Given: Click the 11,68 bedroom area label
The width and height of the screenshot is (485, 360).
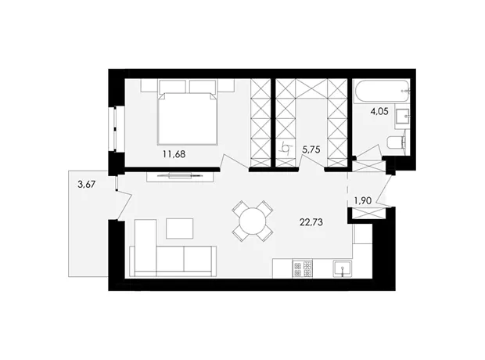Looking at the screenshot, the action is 174,154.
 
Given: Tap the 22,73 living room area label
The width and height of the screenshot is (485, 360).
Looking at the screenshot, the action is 311,222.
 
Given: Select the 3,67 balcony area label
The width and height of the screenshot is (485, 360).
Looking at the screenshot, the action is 87,185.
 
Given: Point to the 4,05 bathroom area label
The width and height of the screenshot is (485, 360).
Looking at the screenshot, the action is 379,111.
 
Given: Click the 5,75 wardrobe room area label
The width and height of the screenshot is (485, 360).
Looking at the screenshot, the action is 311,149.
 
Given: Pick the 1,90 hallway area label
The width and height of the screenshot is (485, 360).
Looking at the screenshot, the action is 362,201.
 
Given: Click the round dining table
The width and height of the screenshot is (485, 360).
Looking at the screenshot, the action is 253,221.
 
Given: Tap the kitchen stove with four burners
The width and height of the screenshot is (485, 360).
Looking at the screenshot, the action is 303,269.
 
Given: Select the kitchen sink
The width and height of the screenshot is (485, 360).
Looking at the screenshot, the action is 342,268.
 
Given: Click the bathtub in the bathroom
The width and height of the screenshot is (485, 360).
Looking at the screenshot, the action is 383,92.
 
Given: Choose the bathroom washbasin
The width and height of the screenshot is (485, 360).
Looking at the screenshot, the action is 402,117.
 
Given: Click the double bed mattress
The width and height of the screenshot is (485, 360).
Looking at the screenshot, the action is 187,118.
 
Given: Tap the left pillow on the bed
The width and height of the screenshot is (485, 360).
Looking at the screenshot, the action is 173,86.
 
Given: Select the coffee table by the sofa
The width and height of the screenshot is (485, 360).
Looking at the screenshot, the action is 180,229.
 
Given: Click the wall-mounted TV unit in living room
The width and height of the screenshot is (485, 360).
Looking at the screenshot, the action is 180,176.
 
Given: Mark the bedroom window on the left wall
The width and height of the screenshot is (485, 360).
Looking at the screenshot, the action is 116,129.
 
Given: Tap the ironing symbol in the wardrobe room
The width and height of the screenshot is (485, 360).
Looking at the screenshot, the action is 286,149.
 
